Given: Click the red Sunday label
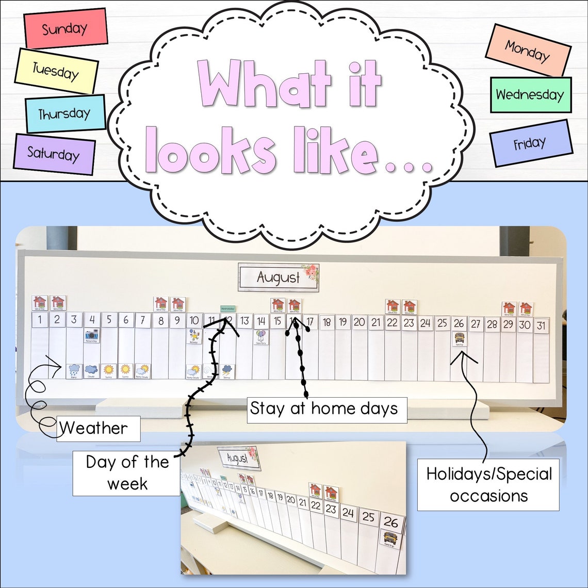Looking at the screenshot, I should coord(65,28).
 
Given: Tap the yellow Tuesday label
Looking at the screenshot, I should coord(56,71).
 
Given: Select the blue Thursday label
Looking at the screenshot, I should coord(65,114).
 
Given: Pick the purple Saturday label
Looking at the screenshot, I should coord(54,154).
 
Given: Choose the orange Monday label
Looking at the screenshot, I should coord(528,50).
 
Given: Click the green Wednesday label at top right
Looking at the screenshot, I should coord(530,95).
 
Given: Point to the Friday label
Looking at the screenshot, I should coord(530,143).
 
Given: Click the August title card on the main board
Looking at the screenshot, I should coord(279,277).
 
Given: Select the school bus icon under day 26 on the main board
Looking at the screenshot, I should coord(459,339).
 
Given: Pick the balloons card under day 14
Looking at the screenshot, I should coord(262,337).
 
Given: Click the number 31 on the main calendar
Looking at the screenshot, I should coord(541,325).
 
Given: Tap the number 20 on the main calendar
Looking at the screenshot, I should coord(360,323).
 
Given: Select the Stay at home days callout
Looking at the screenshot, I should coord(324,409).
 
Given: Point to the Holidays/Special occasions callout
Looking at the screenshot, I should coord(488,485).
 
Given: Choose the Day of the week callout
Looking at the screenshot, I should coord(126,472).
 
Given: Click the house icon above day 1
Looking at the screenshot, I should coord(40,303).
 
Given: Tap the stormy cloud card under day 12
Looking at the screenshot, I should coord(227,371).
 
